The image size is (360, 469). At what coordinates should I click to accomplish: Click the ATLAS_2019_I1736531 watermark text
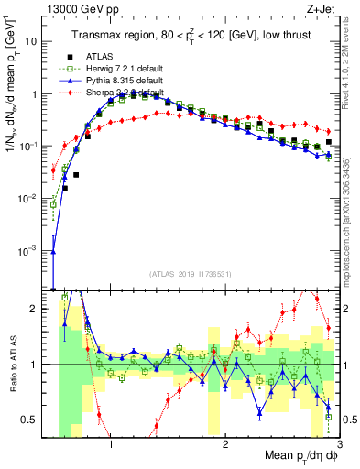pyautogui.click(x=190, y=273)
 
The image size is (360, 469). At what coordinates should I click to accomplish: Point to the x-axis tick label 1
pyautogui.click(x=111, y=444)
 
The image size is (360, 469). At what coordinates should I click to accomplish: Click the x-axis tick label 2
pyautogui.click(x=225, y=444)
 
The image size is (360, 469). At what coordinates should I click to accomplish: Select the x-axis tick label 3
pyautogui.click(x=339, y=444)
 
